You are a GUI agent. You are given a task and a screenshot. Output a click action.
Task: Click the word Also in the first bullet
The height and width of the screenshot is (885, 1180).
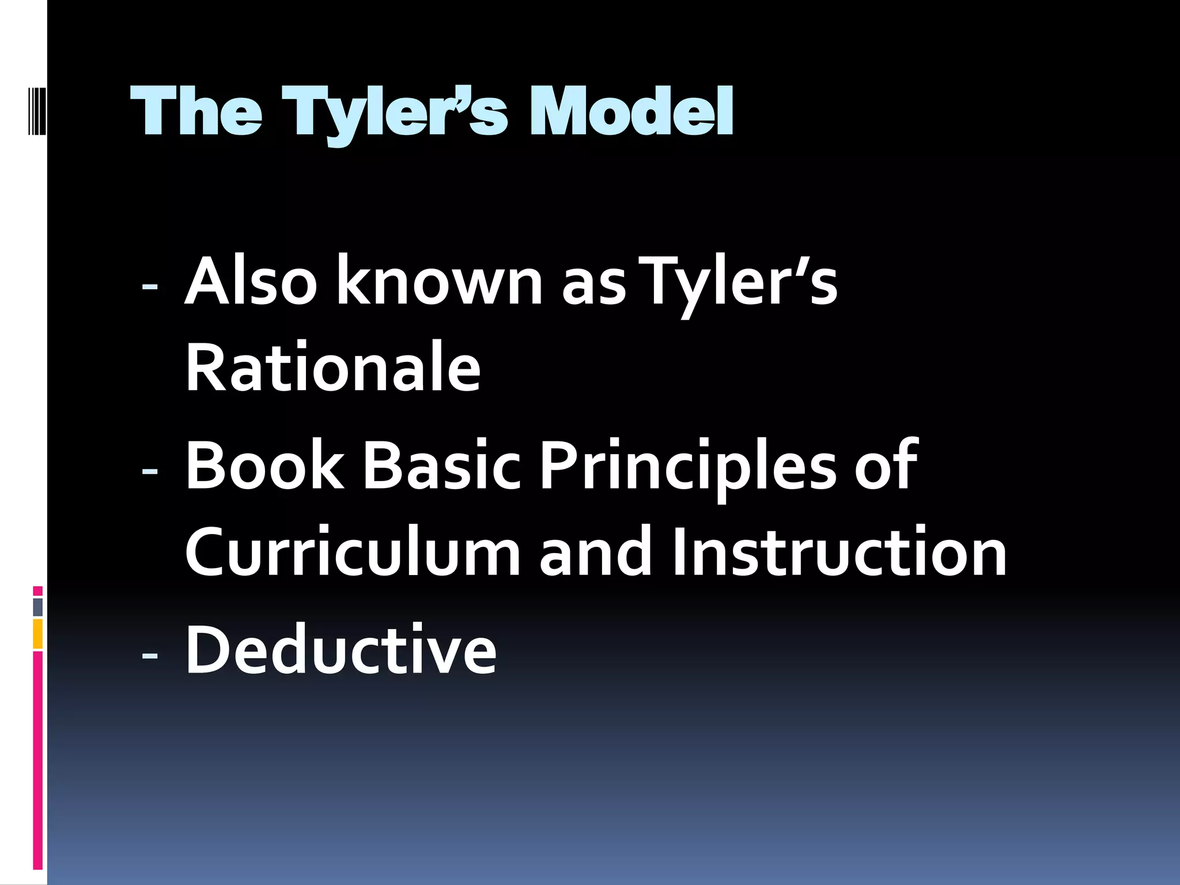point(251,282)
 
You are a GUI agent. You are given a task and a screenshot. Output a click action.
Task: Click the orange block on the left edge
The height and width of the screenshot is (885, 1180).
point(38,634)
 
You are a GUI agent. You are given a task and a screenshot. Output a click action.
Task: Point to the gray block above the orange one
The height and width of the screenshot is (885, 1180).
point(38,607)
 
